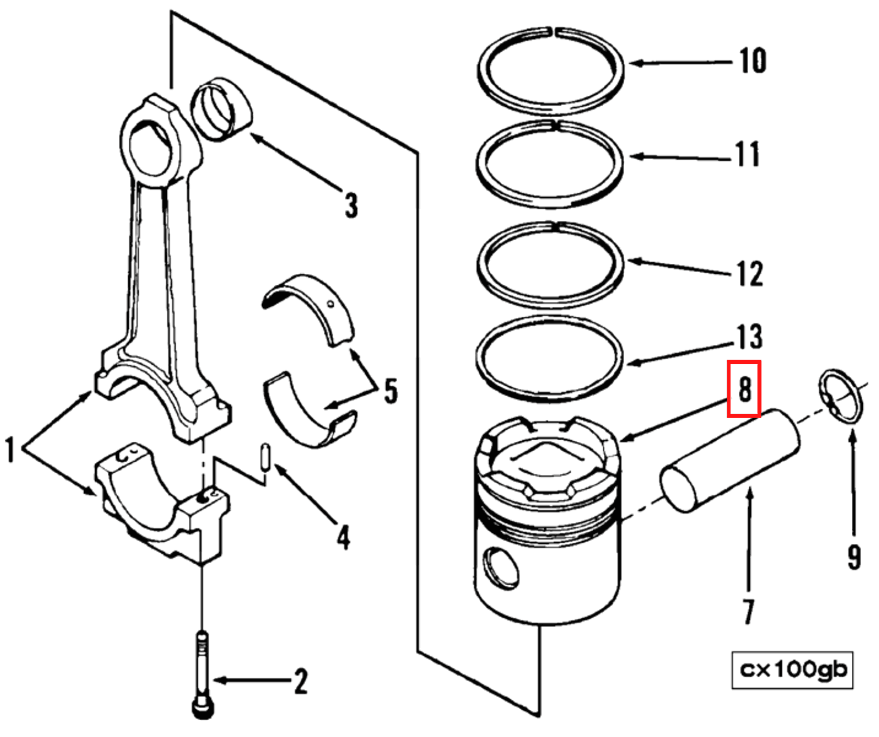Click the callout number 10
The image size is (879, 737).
point(752,61)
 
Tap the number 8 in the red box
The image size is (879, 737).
point(744,389)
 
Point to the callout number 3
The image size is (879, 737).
point(351,205)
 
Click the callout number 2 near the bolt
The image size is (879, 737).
point(300,681)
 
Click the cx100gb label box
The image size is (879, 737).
point(792,670)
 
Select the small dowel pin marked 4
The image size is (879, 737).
point(266,457)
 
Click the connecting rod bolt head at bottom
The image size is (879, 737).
point(203,707)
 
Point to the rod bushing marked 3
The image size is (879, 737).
point(221,109)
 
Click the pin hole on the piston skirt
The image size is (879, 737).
point(501,568)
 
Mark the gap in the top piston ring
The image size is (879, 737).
point(554,31)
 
